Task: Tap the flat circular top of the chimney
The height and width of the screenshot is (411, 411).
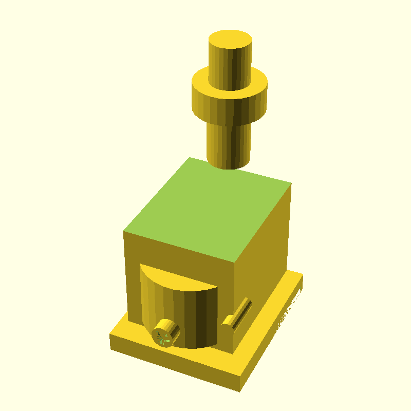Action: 230,40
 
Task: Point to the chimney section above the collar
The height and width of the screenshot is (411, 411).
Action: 230,64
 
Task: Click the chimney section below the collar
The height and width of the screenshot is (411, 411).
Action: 229,144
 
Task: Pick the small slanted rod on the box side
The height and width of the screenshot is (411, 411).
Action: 238,313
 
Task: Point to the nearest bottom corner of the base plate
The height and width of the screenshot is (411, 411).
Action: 239,390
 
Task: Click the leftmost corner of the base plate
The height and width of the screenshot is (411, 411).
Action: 110,337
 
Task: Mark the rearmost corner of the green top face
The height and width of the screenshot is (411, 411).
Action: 190,157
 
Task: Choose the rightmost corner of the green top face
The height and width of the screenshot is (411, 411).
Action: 292,183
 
